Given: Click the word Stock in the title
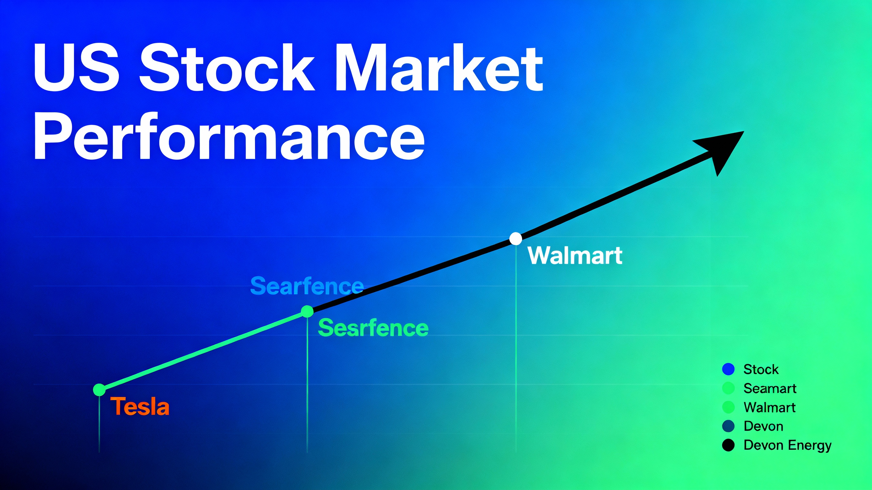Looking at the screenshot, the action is coord(227,68).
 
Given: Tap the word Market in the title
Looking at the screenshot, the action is coord(439,68).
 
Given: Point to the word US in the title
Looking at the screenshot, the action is coord(77,68).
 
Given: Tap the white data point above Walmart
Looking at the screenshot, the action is coord(516,239).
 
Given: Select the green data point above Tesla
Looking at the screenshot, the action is coord(99,390).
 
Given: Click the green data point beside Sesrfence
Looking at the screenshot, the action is coord(307,311).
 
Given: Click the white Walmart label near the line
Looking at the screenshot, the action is coord(575,255).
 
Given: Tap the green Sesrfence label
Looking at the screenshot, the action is coord(373,328).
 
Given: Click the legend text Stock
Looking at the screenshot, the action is coord(761,369).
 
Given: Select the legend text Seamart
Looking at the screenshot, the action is coord(770,388).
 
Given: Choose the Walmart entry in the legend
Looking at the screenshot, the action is coord(769,407).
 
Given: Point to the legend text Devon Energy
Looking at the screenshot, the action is coord(787,445).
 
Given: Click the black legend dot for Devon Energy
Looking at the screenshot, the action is coord(728,445).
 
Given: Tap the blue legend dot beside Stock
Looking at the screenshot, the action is coord(728,369).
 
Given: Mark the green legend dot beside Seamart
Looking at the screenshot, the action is coord(728,388).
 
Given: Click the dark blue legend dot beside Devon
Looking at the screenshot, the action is coord(728,426).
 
